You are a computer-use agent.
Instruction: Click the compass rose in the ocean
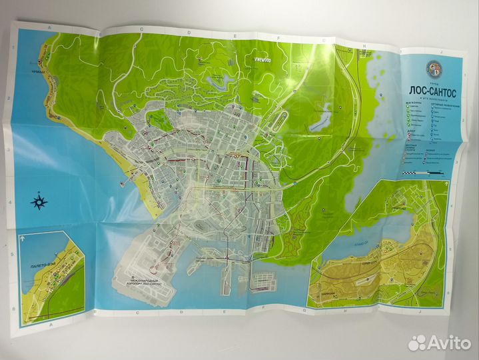click(x=39, y=201)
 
